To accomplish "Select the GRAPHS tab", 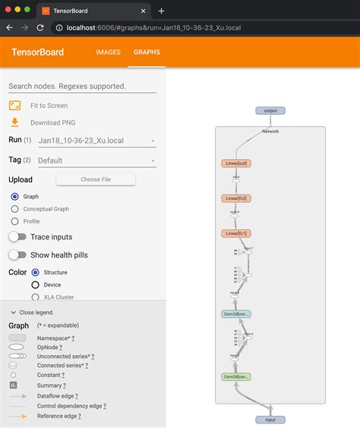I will (146, 52).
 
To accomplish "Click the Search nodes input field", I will (82, 86).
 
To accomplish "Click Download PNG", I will (52, 122).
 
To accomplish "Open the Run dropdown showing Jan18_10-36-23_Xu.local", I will (96, 141).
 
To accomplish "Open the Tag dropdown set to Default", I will (96, 160).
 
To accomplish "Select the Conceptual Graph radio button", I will (14, 208).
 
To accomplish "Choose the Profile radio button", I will (14, 221).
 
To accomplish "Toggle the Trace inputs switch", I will (17, 237).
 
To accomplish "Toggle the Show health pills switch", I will (17, 255).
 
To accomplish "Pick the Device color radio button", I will (35, 284).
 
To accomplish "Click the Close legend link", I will (32, 312).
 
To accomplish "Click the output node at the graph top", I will (270, 111).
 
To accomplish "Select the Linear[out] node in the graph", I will (237, 163).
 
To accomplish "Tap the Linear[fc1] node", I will (237, 233).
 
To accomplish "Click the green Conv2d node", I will (237, 376).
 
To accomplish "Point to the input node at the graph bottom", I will (270, 419).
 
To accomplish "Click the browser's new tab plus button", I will (161, 11).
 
